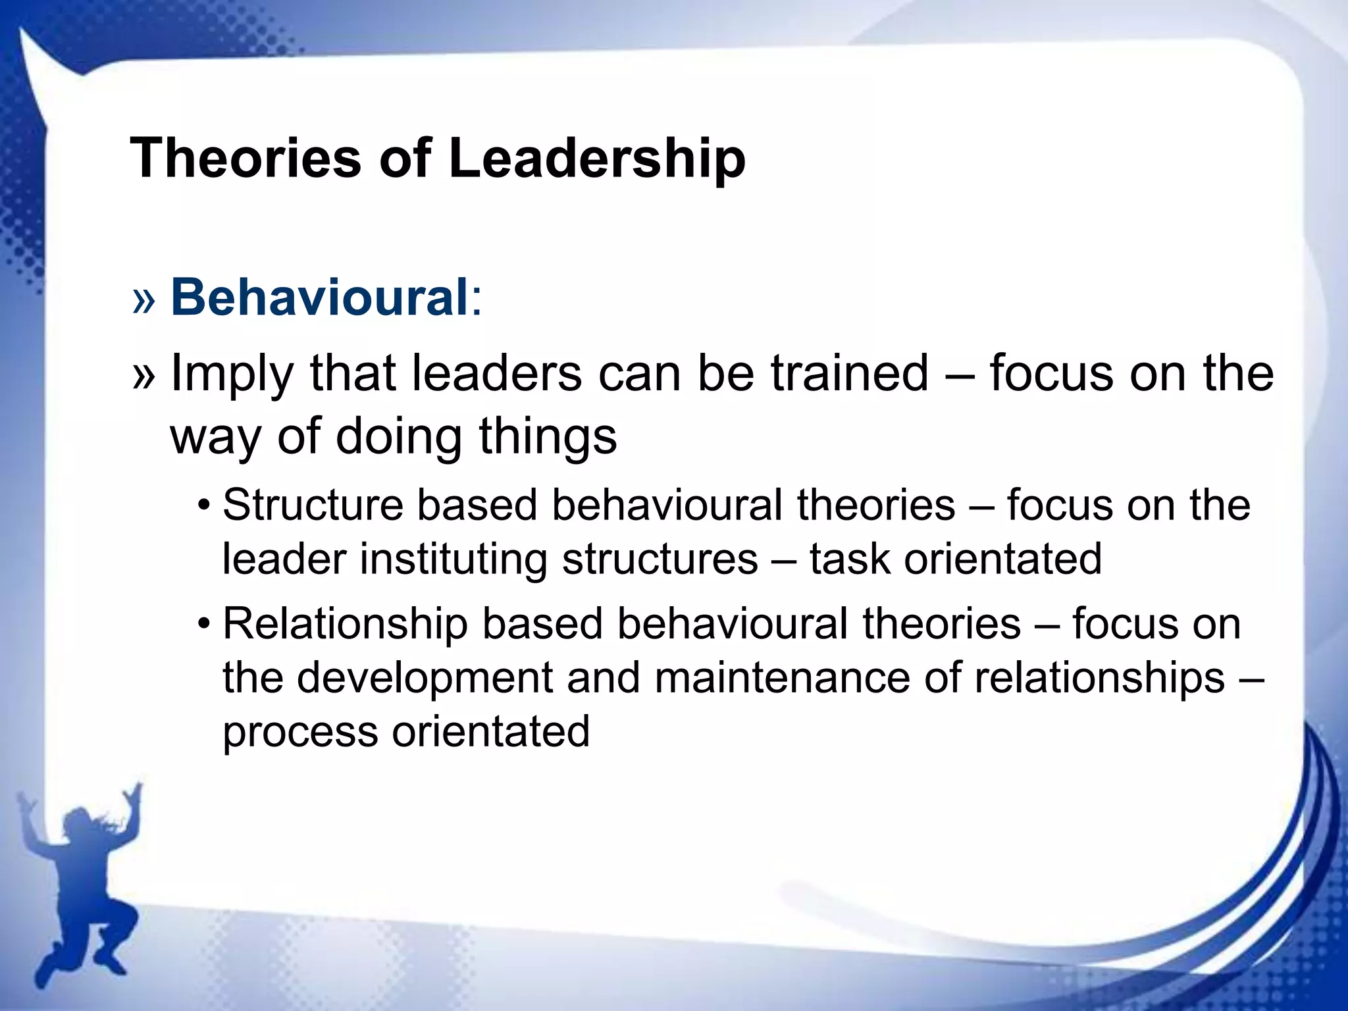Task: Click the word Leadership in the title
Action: (596, 159)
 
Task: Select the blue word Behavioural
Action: (319, 297)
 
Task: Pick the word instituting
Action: (454, 559)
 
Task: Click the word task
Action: (849, 559)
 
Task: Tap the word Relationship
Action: (346, 624)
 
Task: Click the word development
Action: (425, 678)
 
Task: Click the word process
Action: (300, 733)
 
